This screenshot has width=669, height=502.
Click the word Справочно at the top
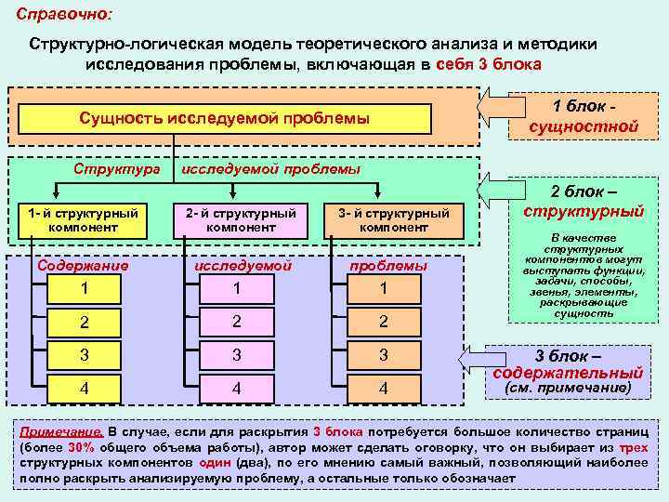(x=61, y=16)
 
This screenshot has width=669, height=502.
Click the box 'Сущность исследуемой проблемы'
(x=224, y=119)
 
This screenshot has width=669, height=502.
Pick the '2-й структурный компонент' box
(x=242, y=220)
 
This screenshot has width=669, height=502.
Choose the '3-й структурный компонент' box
(x=394, y=220)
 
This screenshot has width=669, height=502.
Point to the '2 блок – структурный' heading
(x=584, y=201)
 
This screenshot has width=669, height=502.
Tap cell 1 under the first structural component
(x=85, y=289)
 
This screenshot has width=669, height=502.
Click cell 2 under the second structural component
(x=237, y=322)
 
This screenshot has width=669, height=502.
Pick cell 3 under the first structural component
(x=85, y=355)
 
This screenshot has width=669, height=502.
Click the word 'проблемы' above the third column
(x=388, y=266)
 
